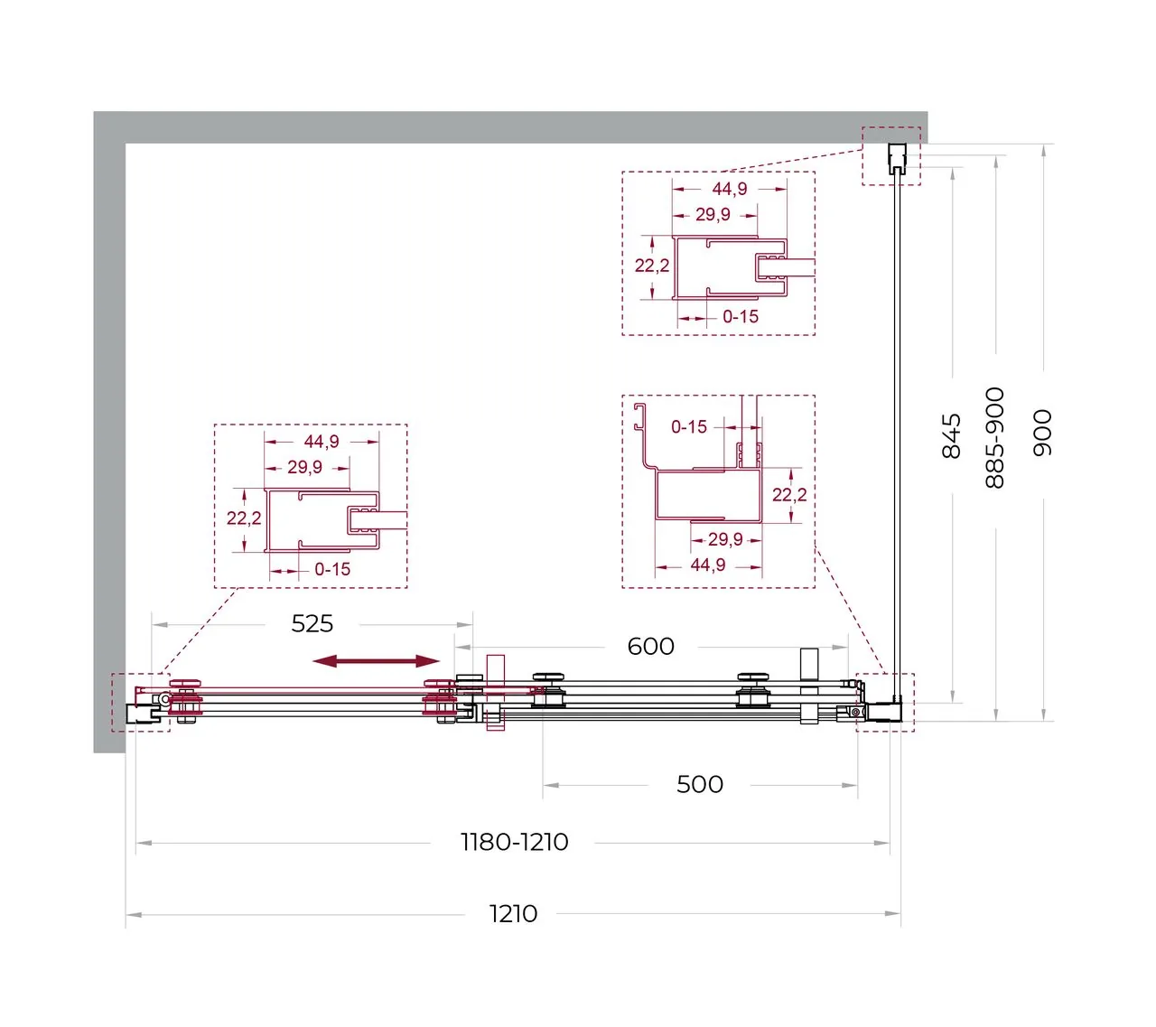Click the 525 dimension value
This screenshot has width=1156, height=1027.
tap(312, 623)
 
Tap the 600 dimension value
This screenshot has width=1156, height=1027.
tap(650, 646)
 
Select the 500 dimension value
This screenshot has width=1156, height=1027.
tap(700, 784)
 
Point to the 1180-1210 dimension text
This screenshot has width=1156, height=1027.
tap(514, 842)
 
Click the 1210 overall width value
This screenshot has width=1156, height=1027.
tap(513, 914)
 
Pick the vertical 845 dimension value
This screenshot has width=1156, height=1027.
tap(951, 436)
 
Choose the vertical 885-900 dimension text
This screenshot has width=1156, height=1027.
tap(994, 438)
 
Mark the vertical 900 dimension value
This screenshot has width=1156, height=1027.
tap(1042, 433)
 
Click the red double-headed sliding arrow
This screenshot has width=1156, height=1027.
tap(376, 661)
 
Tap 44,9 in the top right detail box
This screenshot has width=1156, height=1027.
tap(729, 189)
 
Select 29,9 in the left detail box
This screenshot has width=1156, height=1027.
tap(304, 467)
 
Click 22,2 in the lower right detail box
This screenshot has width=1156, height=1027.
tap(789, 494)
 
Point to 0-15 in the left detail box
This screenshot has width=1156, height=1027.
tap(332, 569)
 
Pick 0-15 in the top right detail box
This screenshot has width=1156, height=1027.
tap(741, 316)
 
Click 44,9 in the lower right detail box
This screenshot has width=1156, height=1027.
tap(707, 565)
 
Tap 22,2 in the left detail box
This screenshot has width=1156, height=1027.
tap(244, 518)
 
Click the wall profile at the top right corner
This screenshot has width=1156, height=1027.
tap(897, 157)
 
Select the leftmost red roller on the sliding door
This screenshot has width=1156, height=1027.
tap(186, 700)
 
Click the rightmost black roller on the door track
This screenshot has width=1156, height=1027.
tap(753, 690)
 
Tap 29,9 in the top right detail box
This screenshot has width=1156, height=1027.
tap(713, 215)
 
